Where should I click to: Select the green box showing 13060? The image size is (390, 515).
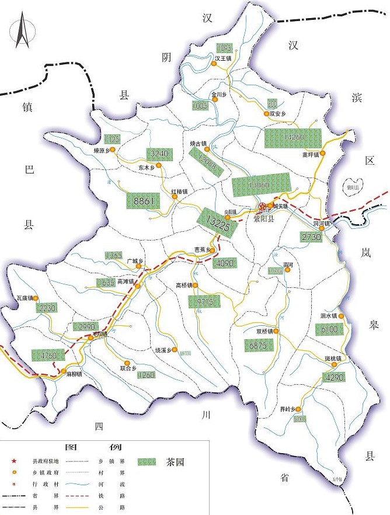(x=260, y=185)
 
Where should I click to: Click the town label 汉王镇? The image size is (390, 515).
(x=223, y=58)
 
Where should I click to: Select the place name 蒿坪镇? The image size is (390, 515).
(x=310, y=155)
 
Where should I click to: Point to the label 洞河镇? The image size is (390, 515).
(x=322, y=223)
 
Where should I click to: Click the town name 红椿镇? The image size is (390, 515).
(x=179, y=191)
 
